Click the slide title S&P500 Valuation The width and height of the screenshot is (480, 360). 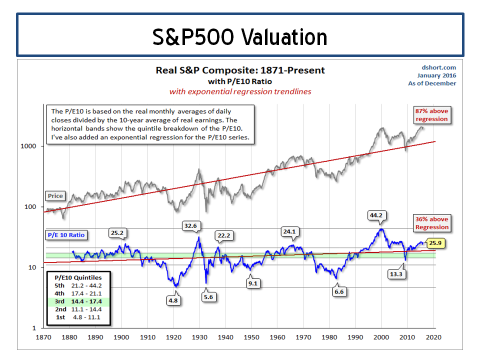click(x=240, y=36)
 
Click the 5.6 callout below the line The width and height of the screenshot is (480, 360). click(x=207, y=296)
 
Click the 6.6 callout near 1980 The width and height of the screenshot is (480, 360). click(x=340, y=291)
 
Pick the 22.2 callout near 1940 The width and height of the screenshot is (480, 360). click(x=224, y=235)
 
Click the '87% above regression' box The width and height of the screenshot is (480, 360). click(x=431, y=114)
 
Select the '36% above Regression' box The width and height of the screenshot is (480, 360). click(x=431, y=223)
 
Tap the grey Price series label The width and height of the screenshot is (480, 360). click(x=55, y=195)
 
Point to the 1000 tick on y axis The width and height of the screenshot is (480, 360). click(x=30, y=146)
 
